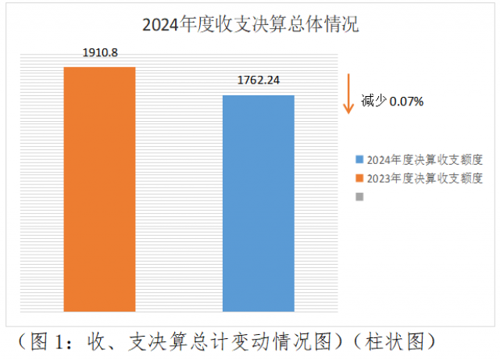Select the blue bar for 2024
[259, 204]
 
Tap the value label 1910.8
[100, 54]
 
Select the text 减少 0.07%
[392, 102]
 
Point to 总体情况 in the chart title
[328, 24]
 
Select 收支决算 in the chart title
[257, 24]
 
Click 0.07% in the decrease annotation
[407, 102]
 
